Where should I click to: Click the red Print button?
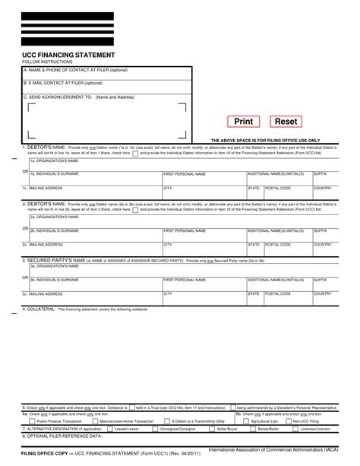[x=244, y=122]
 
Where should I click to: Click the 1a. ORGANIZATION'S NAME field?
[x=182, y=163]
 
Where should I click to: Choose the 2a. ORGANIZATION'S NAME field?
[x=182, y=218]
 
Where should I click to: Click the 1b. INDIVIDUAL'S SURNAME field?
[x=95, y=177]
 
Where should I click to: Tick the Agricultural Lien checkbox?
[x=247, y=420]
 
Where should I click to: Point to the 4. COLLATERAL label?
[x=34, y=309]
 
